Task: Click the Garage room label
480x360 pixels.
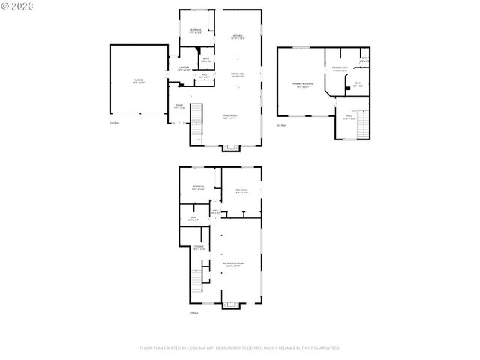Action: [139, 81]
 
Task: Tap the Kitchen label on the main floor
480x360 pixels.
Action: [238, 37]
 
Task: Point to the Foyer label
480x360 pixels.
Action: [178, 106]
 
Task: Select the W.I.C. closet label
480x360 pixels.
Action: [358, 84]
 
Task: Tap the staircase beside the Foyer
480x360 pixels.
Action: [198, 123]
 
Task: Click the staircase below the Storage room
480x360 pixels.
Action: [198, 283]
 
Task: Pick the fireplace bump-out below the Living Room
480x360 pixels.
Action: [232, 148]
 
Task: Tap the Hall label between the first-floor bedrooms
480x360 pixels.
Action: [216, 212]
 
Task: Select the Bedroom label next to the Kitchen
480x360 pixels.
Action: [195, 31]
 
